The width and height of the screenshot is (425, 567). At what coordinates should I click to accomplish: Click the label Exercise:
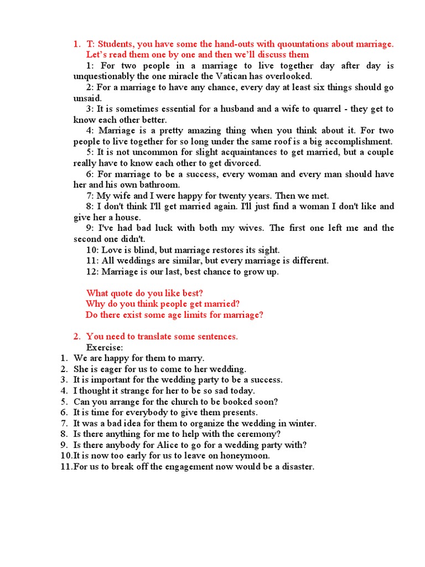tap(105, 347)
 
